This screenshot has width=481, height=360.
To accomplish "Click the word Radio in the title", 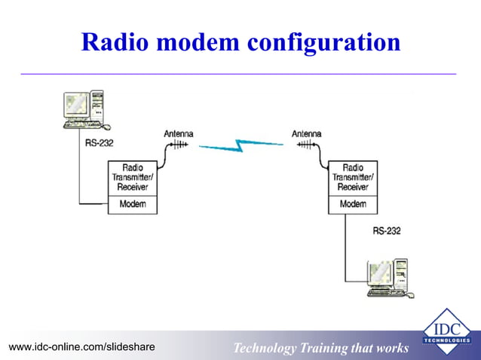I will [114, 42].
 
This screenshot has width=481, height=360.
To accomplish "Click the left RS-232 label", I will [100, 142].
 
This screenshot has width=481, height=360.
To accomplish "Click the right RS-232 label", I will [387, 231].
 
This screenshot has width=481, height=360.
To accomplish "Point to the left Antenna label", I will [179, 134].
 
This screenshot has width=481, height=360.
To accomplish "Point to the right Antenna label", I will [307, 134].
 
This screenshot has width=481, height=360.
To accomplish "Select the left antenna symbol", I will [178, 146].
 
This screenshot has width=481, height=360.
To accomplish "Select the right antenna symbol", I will [308, 146].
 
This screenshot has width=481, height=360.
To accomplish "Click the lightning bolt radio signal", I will [241, 145].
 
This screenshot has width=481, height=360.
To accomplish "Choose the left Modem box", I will [133, 204].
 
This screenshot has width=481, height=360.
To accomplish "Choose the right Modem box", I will [353, 204].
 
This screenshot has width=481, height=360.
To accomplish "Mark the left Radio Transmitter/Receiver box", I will [133, 178].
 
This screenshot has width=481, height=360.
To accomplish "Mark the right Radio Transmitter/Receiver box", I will [353, 178].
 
